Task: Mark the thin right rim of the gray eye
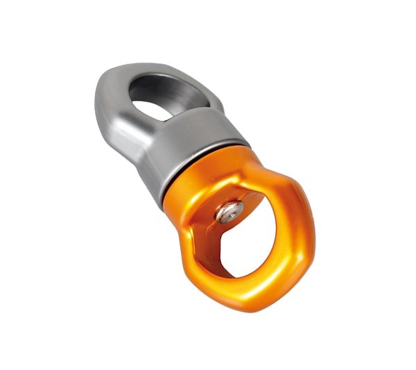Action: point(208,97)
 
